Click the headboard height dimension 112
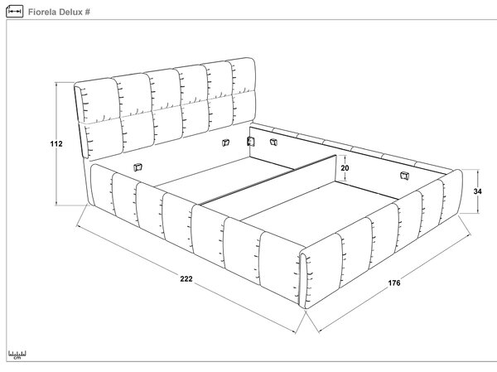(56, 143)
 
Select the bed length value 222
(186, 278)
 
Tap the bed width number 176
(394, 283)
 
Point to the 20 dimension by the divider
(345, 167)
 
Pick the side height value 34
(478, 191)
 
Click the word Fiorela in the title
(42, 12)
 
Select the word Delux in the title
(70, 12)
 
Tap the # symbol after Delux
(87, 12)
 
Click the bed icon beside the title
(15, 12)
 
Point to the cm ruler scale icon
(17, 355)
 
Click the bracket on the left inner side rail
(138, 167)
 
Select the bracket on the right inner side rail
(404, 176)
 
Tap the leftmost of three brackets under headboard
(225, 143)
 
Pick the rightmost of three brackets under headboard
(273, 142)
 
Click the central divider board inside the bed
(268, 180)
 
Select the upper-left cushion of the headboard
(98, 100)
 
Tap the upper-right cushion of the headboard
(244, 76)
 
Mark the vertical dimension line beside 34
(478, 191)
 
